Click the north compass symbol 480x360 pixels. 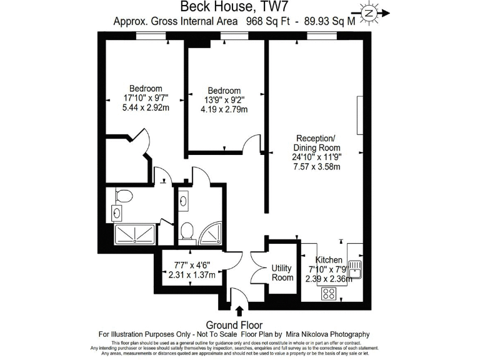369,12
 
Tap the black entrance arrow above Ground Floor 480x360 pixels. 239,311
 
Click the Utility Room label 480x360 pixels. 282,272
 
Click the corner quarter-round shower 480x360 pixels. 211,233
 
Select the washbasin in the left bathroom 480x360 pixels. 117,213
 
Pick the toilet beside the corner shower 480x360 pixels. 186,231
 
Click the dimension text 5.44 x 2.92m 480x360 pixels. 146,107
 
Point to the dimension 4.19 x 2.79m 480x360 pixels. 224,109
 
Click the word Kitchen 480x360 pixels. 328,259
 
